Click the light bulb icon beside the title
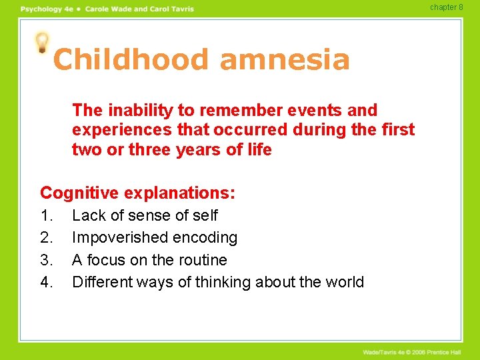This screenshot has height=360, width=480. point(43,42)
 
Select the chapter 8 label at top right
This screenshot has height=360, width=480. point(446,7)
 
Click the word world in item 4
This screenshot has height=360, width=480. point(343,283)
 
